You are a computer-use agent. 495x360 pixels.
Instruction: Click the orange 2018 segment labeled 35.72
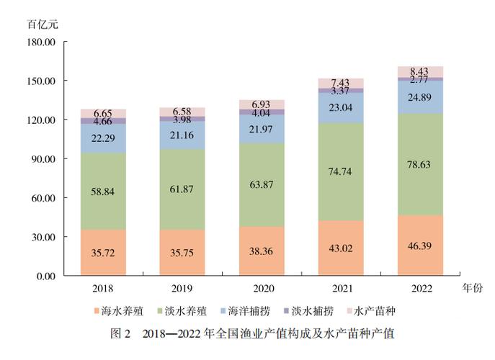(103, 253)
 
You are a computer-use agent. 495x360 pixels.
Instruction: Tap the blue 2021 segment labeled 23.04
(341, 107)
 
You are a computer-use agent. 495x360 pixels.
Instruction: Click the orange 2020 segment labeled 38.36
(262, 252)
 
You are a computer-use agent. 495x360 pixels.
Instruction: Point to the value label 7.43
(341, 83)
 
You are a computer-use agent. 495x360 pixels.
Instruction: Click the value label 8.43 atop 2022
(420, 71)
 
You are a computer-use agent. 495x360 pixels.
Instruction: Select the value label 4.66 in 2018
(103, 122)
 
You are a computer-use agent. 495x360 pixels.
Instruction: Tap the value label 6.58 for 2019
(182, 112)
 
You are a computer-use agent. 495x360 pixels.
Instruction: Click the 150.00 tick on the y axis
(41, 81)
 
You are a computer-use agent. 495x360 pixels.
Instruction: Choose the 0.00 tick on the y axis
(45, 276)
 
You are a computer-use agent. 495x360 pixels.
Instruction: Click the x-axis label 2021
(341, 288)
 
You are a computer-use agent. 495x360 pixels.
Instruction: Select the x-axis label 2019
(182, 288)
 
